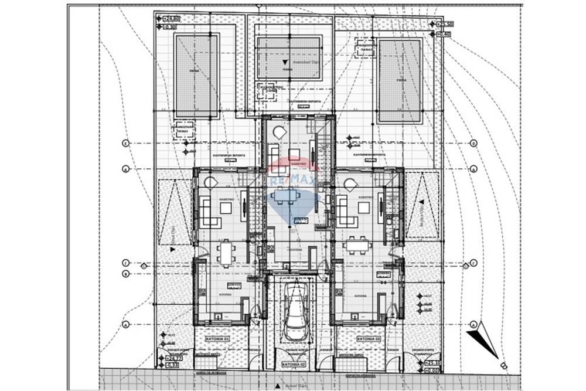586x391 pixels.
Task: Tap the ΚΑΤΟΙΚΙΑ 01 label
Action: click(218, 339)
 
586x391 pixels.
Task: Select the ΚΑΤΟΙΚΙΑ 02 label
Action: click(294, 364)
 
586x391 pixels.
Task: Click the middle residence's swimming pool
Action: click(289, 59)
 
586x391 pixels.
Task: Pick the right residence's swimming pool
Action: click(400, 80)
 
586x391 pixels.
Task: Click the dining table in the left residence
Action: click(226, 253)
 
